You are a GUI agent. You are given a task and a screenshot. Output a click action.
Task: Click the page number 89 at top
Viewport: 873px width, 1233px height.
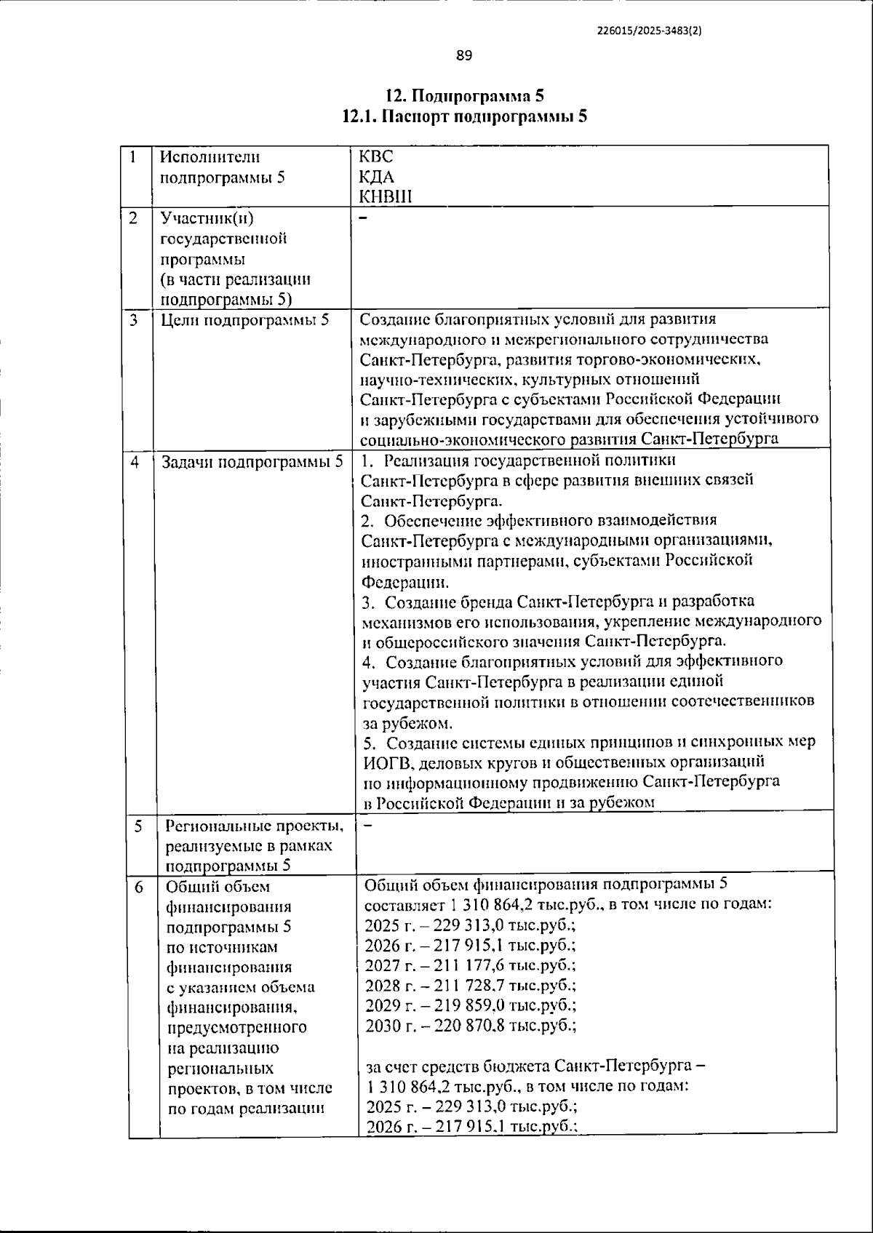[x=465, y=55]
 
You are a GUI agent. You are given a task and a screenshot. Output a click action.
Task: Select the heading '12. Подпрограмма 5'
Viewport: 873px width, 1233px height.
[x=464, y=96]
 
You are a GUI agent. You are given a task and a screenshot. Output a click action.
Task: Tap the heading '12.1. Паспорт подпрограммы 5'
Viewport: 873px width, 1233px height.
[x=464, y=116]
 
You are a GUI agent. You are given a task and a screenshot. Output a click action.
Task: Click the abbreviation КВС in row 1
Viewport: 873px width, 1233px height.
[x=376, y=156]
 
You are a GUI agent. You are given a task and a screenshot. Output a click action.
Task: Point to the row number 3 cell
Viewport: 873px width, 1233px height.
[x=135, y=319]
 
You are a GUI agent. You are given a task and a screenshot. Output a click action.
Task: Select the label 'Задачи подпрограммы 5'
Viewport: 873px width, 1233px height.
[x=252, y=462]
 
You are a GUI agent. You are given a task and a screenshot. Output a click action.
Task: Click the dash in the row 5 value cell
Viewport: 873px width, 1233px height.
[x=367, y=826]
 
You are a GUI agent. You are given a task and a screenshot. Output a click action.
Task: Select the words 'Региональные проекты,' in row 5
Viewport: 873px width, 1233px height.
[x=254, y=826]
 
